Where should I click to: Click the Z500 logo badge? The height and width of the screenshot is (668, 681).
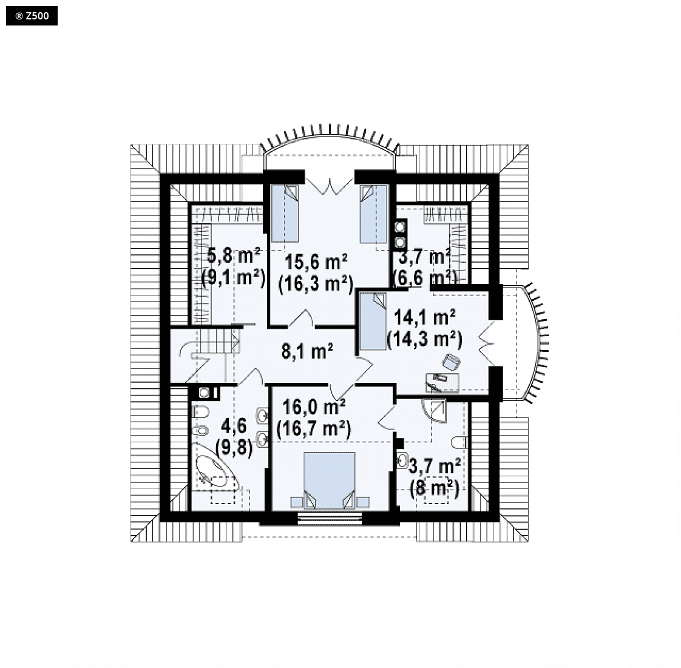[x=32, y=16]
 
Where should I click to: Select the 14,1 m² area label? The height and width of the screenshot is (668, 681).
[x=424, y=317]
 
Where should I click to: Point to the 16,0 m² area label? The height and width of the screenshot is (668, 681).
[x=314, y=407]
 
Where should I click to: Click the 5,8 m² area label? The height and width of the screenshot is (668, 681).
[x=233, y=255]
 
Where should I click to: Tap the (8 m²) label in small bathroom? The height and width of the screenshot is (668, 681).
[x=435, y=489]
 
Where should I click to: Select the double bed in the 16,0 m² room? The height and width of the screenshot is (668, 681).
[x=330, y=480]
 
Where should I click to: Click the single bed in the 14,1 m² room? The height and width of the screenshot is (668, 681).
[x=373, y=321]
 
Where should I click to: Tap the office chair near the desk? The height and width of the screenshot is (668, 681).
[x=451, y=362]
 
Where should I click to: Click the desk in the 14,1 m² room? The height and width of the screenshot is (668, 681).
[x=442, y=382]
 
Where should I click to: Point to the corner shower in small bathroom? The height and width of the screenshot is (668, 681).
[x=435, y=411]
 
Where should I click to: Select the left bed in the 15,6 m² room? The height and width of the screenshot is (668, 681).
[x=285, y=213]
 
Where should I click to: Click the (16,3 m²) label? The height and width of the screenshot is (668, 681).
[x=316, y=285]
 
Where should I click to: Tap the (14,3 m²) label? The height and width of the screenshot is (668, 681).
[x=424, y=339]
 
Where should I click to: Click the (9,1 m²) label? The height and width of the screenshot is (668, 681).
[x=234, y=277]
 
